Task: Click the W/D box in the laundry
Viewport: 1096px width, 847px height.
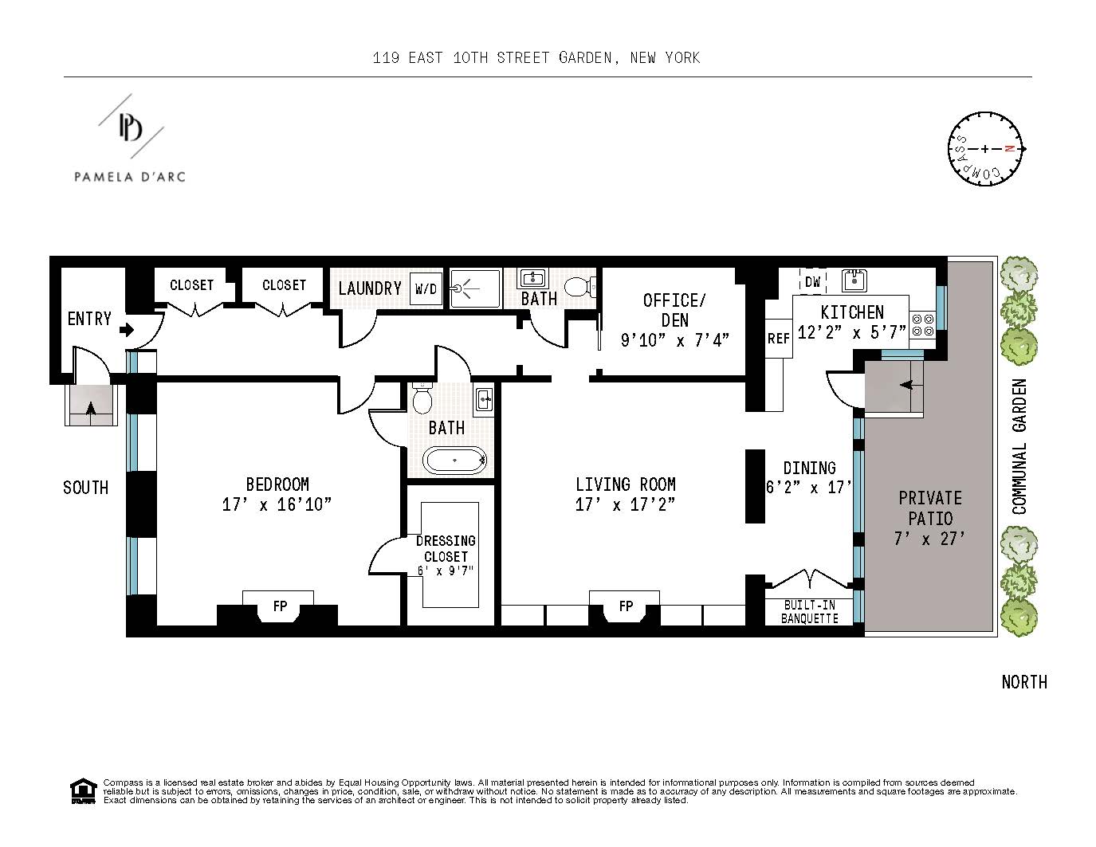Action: [426, 289]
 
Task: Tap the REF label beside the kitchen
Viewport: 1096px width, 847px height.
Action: [778, 339]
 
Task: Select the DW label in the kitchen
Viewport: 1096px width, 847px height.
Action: [812, 282]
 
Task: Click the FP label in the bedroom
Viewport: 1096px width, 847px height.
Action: [280, 606]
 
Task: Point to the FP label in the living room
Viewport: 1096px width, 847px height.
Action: [626, 606]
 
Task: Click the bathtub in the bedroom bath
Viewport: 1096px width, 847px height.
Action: [454, 461]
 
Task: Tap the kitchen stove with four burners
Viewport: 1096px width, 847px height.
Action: [922, 325]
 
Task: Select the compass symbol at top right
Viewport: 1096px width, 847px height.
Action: [985, 149]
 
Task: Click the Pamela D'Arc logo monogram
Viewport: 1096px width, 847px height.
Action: [130, 127]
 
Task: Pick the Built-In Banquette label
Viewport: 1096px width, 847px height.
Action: [809, 611]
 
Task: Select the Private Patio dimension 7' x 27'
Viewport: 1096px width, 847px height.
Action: [929, 539]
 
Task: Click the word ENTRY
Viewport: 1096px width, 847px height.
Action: [89, 319]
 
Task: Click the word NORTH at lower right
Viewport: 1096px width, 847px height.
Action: [1023, 682]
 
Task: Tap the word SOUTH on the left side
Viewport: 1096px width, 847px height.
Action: [85, 488]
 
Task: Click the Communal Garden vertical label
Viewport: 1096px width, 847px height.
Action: [1019, 446]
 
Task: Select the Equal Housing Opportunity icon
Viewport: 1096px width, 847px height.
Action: [82, 791]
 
